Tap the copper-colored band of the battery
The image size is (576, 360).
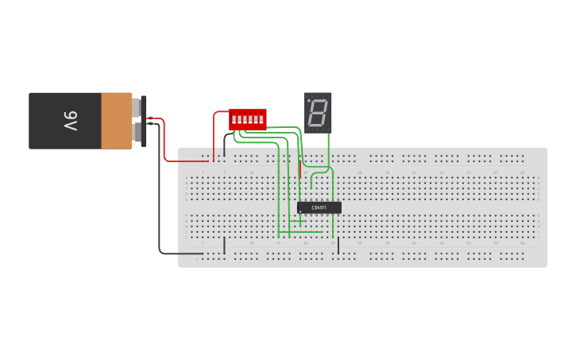116,121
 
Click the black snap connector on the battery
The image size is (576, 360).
144,121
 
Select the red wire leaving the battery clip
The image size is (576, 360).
164,143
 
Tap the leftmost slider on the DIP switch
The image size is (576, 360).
234,119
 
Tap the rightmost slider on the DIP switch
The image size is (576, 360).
261,119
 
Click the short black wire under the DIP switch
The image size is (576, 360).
225,143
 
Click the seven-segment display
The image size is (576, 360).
318,113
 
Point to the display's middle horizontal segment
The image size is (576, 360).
318,113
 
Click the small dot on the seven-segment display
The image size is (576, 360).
309,101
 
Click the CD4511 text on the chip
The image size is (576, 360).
319,207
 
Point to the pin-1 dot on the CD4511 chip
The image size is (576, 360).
301,211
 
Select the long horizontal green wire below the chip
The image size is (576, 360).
302,232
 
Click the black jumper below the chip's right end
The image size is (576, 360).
338,246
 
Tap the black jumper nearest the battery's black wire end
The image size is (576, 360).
225,246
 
